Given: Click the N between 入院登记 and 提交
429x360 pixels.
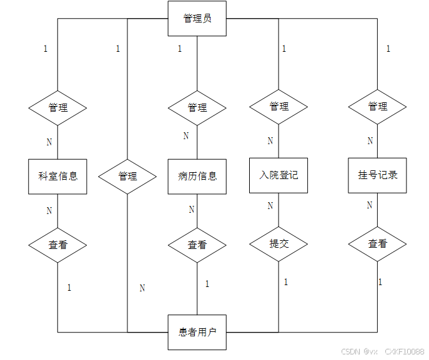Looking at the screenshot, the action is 270,205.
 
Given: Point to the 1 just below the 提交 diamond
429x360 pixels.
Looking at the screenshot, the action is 286,282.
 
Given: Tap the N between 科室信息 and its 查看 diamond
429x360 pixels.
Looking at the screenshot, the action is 49,210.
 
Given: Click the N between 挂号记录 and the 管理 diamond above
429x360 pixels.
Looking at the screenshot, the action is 370,141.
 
